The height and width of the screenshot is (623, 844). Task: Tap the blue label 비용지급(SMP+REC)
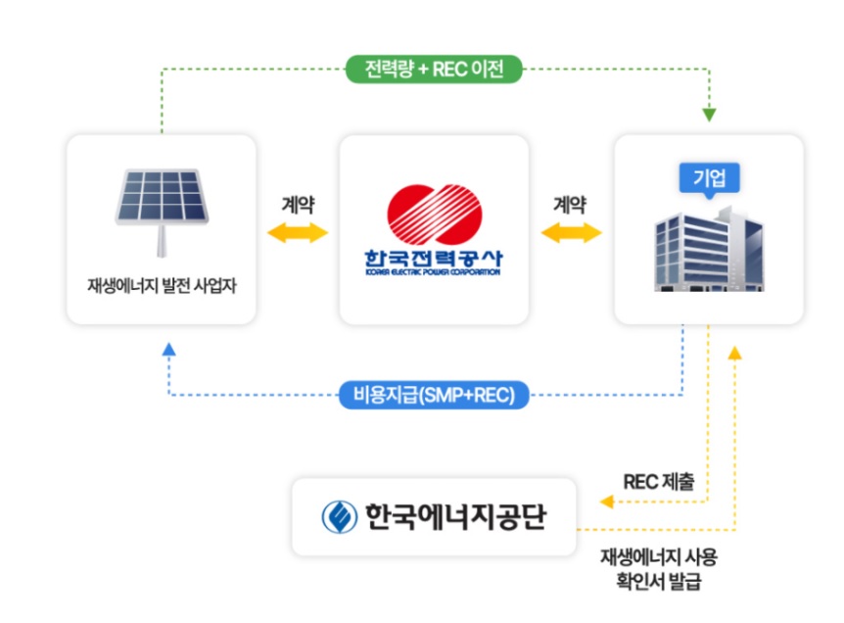[435, 395]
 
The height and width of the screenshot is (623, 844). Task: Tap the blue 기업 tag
[709, 178]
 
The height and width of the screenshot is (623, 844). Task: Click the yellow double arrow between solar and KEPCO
[297, 232]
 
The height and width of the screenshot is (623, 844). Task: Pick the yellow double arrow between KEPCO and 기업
[571, 232]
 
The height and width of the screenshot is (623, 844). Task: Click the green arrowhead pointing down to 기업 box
[709, 115]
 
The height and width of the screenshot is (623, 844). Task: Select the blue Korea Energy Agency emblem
[339, 515]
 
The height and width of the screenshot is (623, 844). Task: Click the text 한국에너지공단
[455, 515]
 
